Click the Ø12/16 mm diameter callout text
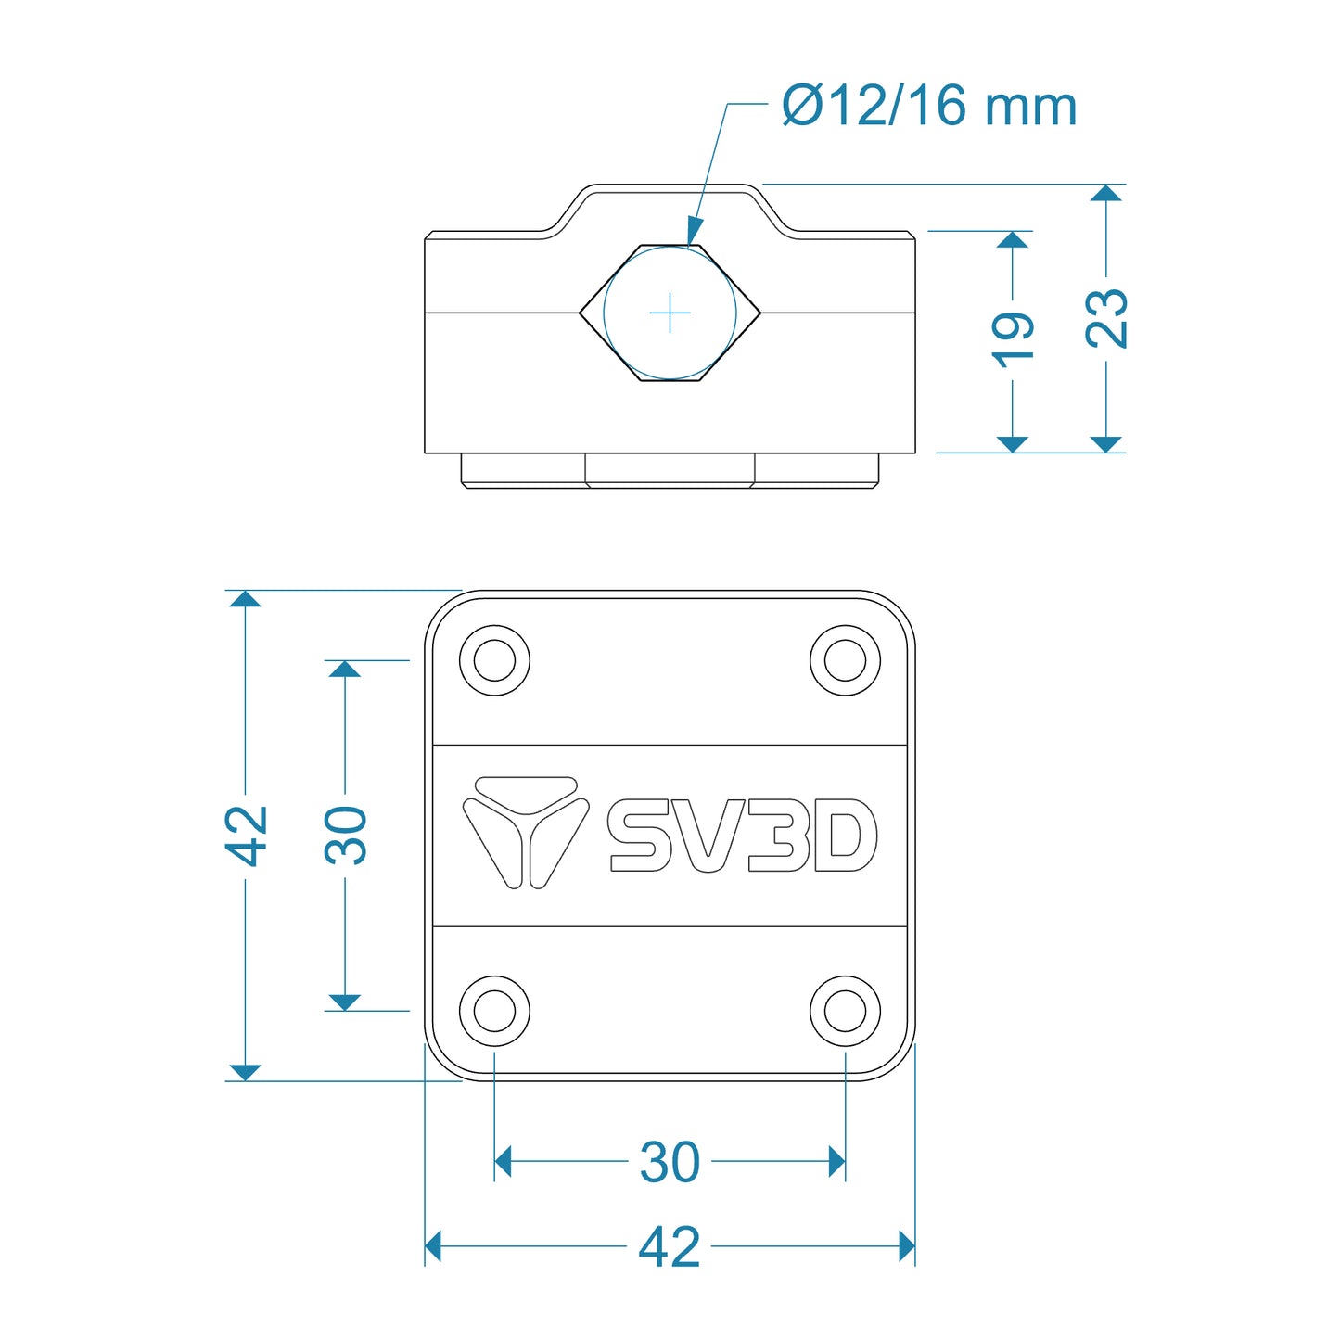(x=929, y=106)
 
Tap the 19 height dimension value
(x=1013, y=340)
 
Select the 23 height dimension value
(x=1106, y=318)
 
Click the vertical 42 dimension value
(x=246, y=835)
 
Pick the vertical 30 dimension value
(x=346, y=835)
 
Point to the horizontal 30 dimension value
(x=670, y=1162)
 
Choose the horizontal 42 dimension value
(x=670, y=1247)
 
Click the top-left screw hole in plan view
(x=494, y=661)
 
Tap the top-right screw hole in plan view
(x=845, y=661)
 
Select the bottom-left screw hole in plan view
(x=494, y=1011)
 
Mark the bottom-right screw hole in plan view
(x=845, y=1011)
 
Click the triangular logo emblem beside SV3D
(x=526, y=831)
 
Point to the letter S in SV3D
(x=640, y=836)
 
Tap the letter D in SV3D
(x=844, y=836)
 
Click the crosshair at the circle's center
(x=670, y=313)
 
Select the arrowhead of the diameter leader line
(x=694, y=232)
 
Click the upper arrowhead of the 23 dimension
(x=1105, y=193)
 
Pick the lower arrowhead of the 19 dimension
(x=1013, y=443)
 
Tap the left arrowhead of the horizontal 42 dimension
(x=433, y=1246)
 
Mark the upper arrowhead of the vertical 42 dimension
(x=245, y=598)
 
